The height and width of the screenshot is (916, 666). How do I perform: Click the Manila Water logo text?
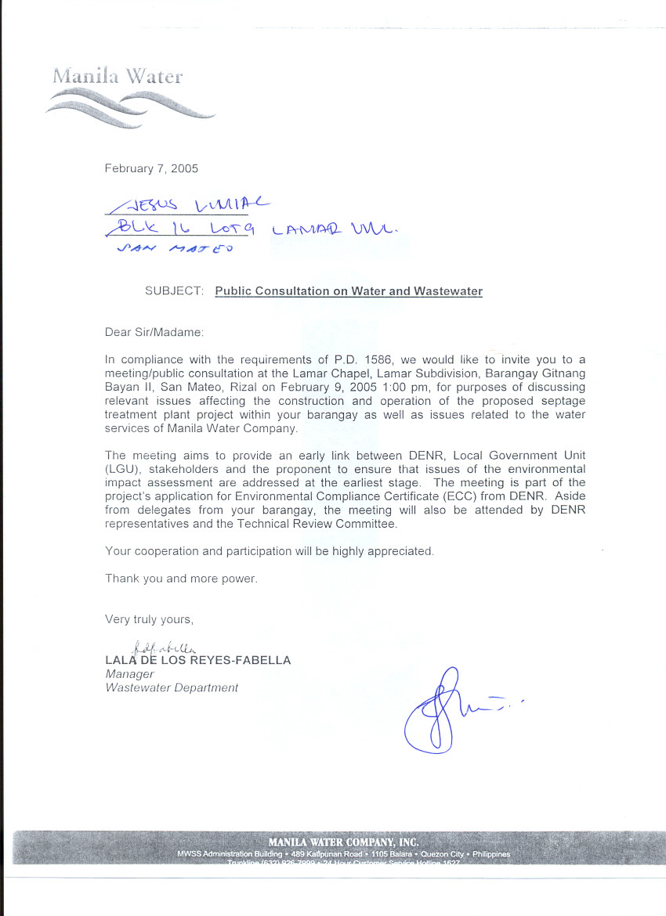click(118, 76)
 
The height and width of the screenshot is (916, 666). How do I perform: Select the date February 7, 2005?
click(151, 168)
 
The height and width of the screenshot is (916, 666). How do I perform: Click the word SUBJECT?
click(175, 291)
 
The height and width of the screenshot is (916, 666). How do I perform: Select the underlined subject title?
click(349, 291)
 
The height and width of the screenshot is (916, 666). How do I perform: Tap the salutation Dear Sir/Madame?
click(154, 332)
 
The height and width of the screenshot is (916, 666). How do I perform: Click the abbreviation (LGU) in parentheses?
click(120, 469)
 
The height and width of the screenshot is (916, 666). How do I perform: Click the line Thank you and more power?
click(181, 579)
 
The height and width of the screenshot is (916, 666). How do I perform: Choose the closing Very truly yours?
click(149, 619)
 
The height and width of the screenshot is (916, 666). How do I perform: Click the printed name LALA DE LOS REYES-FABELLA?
click(197, 660)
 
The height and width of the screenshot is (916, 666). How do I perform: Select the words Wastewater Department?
click(172, 688)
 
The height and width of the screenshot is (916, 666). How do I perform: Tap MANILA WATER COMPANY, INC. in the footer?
click(343, 842)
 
